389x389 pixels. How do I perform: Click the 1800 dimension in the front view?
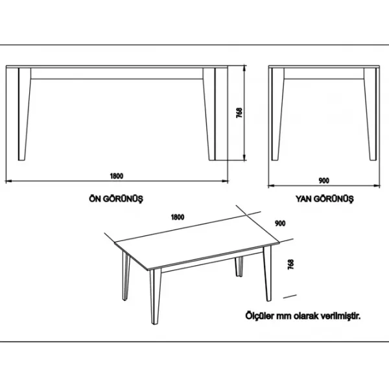[x=117, y=176]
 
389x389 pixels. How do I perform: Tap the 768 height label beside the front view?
[x=239, y=113]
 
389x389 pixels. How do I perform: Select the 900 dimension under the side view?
[x=324, y=181]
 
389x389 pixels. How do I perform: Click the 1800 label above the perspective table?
[x=178, y=217]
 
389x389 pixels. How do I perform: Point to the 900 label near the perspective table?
[x=280, y=223]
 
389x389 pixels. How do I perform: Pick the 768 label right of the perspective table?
[x=290, y=265]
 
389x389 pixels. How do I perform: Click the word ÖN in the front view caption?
[x=94, y=199]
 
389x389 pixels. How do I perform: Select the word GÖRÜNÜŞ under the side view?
[x=334, y=199]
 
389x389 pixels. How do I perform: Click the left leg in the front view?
[x=24, y=114]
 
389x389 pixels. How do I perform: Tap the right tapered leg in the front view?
[x=209, y=114]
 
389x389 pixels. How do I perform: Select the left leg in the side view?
[x=277, y=114]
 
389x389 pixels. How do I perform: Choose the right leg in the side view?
[x=371, y=114]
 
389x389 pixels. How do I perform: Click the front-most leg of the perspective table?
[x=155, y=296]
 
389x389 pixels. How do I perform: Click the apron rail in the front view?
[x=117, y=74]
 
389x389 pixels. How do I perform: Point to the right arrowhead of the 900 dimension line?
[x=377, y=185]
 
